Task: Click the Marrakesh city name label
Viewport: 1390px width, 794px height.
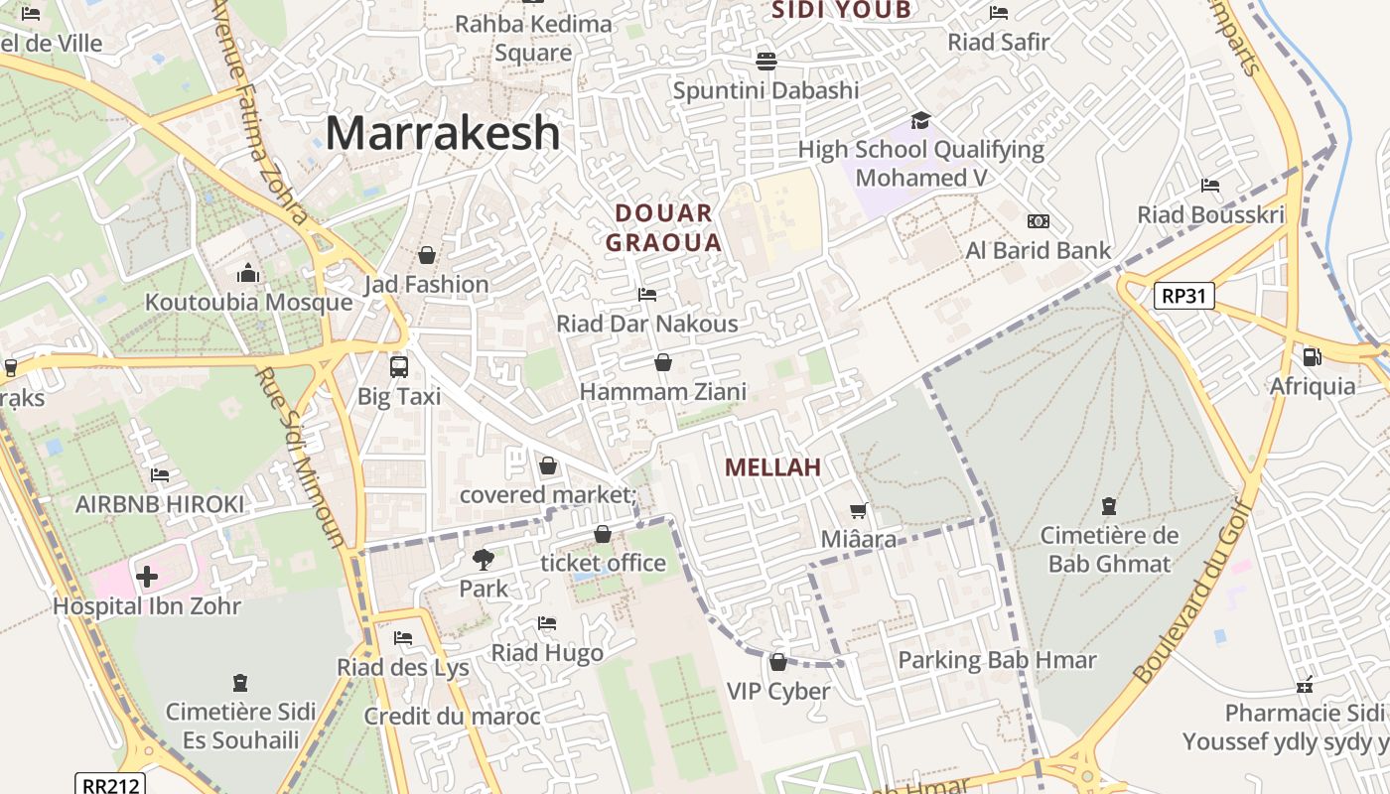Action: (x=443, y=133)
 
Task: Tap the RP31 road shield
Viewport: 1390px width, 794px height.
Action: (x=1184, y=296)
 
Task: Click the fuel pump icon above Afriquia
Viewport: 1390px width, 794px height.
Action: (x=1312, y=356)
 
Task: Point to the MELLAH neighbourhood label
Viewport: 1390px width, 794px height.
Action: (x=772, y=467)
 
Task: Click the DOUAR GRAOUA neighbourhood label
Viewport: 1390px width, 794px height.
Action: (x=663, y=227)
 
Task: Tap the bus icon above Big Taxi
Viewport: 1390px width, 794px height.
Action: (x=399, y=366)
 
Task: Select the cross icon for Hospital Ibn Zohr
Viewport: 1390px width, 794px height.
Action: (x=147, y=576)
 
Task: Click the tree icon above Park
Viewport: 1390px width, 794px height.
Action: (x=484, y=559)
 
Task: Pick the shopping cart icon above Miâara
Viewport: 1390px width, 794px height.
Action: (x=859, y=510)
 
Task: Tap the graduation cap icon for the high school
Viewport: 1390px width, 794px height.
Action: (x=920, y=121)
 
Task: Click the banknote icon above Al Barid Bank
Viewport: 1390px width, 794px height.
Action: (x=1039, y=221)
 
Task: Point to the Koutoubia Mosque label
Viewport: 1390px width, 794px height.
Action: (x=248, y=303)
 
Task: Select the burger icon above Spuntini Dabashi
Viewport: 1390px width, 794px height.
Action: (x=765, y=62)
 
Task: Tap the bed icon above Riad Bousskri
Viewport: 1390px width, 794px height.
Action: (x=1210, y=186)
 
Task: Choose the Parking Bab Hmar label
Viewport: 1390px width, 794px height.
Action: (x=997, y=660)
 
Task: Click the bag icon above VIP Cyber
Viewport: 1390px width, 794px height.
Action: (x=778, y=661)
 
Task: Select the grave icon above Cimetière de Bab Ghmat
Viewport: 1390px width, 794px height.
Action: (x=1109, y=506)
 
